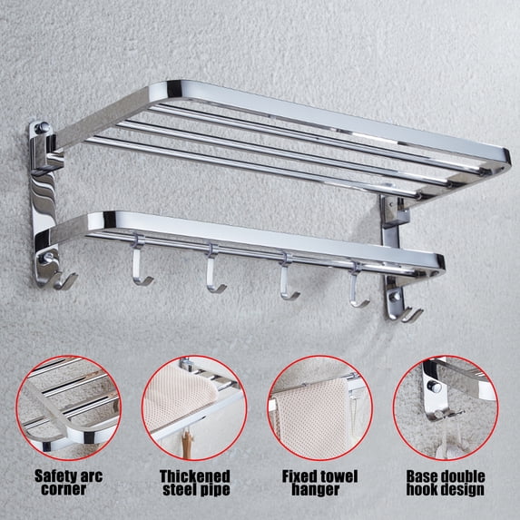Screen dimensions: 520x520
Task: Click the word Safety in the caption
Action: pos(52,476)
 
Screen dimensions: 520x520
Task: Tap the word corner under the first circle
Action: pos(64,489)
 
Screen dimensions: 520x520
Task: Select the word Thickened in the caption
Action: pos(195,476)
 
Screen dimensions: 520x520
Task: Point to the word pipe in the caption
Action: pos(215,490)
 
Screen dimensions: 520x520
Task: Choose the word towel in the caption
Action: pos(337,476)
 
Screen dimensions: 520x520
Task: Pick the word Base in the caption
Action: pos(420,476)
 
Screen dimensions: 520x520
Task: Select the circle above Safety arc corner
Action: pos(17,407)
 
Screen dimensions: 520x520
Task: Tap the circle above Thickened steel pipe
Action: pos(142,407)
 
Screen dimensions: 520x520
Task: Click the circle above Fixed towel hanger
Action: pos(269,407)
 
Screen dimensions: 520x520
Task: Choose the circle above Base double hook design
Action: pos(394,407)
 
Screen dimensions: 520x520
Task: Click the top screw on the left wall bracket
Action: pos(42,127)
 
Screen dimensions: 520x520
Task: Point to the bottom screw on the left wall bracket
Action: pos(45,258)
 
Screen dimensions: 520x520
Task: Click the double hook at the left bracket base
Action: pos(62,280)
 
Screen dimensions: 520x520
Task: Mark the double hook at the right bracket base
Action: pos(407,314)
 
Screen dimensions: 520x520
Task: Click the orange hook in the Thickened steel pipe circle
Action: pos(187,443)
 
